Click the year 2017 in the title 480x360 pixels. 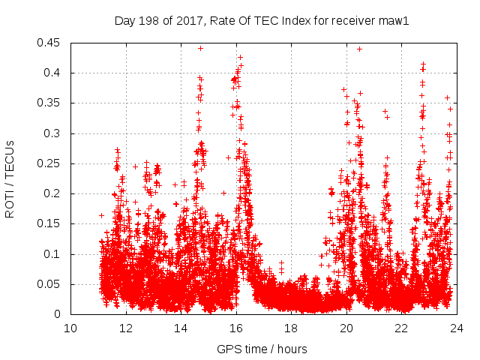pyautogui.click(x=188, y=20)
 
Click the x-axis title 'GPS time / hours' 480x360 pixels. pyautogui.click(x=262, y=349)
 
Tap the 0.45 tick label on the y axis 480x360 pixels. pyautogui.click(x=50, y=43)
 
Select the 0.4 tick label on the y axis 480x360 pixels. pyautogui.click(x=53, y=73)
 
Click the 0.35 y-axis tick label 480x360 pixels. pyautogui.click(x=50, y=103)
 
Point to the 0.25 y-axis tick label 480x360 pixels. pyautogui.click(x=50, y=163)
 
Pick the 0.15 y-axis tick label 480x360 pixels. pyautogui.click(x=50, y=224)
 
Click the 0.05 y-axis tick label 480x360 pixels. pyautogui.click(x=50, y=284)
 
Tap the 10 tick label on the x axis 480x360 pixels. pyautogui.click(x=70, y=328)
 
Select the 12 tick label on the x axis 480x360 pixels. pyautogui.click(x=125, y=328)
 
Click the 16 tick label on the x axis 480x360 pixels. pyautogui.click(x=236, y=328)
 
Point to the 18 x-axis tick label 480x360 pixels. pyautogui.click(x=291, y=328)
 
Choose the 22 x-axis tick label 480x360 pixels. pyautogui.click(x=402, y=328)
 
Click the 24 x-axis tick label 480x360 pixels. pyautogui.click(x=457, y=328)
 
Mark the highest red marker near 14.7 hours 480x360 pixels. pyautogui.click(x=200, y=48)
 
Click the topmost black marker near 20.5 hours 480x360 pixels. pyautogui.click(x=359, y=49)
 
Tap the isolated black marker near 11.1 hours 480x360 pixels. pyautogui.click(x=101, y=216)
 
